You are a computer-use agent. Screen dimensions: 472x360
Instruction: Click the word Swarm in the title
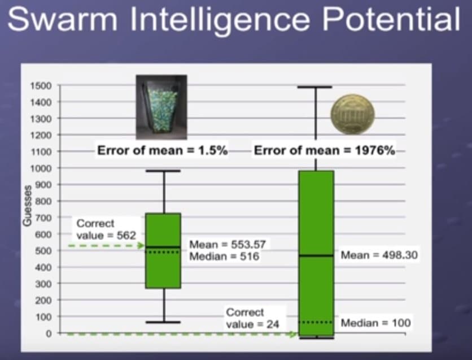coord(62,19)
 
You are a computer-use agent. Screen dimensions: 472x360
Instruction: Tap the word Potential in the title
coord(391,19)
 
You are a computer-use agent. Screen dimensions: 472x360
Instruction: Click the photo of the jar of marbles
coord(161,107)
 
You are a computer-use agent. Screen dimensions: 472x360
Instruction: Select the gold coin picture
coord(352,115)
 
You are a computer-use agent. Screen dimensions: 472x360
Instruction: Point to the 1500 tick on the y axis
coord(41,86)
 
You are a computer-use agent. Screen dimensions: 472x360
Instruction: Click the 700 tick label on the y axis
coord(43,218)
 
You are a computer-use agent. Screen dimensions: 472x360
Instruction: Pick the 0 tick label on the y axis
coord(49,333)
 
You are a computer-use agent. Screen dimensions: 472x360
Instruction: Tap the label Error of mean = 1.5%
coord(162,150)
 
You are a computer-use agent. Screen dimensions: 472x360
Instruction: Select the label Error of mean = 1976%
coord(325,150)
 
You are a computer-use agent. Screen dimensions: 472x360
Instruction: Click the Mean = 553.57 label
coord(228,244)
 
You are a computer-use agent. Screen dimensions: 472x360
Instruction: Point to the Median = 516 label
coord(224,257)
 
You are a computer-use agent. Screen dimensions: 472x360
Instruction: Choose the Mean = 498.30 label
coord(379,255)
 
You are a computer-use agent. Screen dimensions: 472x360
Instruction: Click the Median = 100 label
coord(375,323)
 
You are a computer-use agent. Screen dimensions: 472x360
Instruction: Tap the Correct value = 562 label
coord(106,229)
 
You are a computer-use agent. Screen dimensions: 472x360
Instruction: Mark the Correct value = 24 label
coord(252,318)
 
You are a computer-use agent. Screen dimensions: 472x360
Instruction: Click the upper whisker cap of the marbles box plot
coord(163,171)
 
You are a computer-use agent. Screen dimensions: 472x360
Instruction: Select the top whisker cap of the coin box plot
coord(314,87)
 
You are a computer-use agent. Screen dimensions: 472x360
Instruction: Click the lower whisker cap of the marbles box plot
coord(163,322)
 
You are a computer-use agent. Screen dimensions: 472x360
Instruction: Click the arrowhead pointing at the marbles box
coord(141,245)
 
